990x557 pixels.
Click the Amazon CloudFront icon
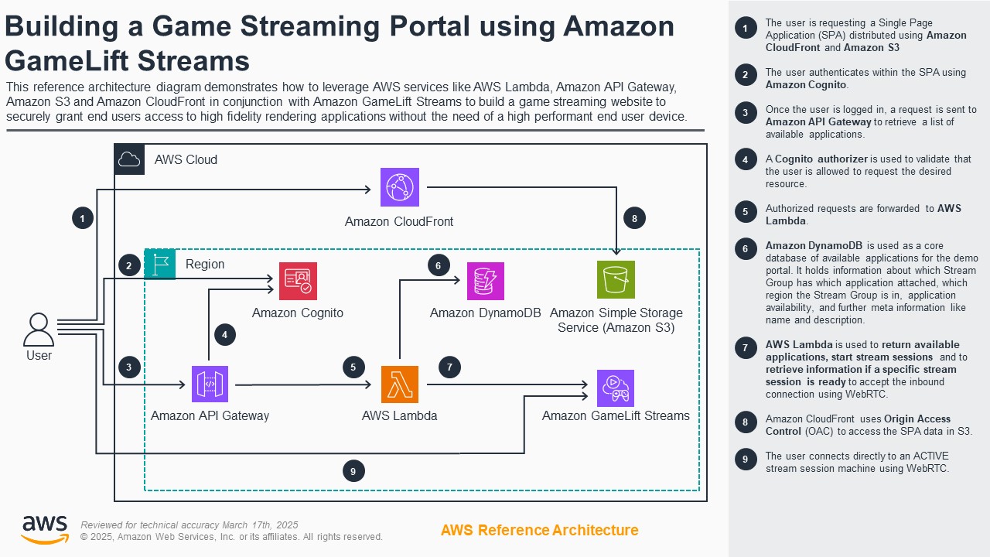[x=400, y=187]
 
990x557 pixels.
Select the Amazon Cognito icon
[x=298, y=281]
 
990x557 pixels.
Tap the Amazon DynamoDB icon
[x=485, y=281]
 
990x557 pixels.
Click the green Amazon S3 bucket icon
[x=616, y=280]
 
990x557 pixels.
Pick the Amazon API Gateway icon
[x=210, y=384]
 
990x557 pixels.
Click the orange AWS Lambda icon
[x=400, y=384]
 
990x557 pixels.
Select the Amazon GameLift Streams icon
[x=616, y=388]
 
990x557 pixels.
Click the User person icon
[x=39, y=330]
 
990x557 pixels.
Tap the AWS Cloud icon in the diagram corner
[x=129, y=159]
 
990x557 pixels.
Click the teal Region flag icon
[x=160, y=264]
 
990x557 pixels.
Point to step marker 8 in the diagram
[x=634, y=219]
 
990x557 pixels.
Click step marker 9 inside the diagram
[x=353, y=470]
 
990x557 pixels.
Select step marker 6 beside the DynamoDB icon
[x=439, y=265]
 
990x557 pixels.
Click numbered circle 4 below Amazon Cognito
[x=225, y=335]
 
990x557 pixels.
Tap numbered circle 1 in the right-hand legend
[x=746, y=29]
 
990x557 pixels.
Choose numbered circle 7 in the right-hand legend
[x=746, y=347]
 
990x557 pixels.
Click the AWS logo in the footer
[x=44, y=530]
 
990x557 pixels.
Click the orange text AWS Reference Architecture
[x=539, y=530]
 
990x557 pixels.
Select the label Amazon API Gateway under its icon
[x=210, y=415]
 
